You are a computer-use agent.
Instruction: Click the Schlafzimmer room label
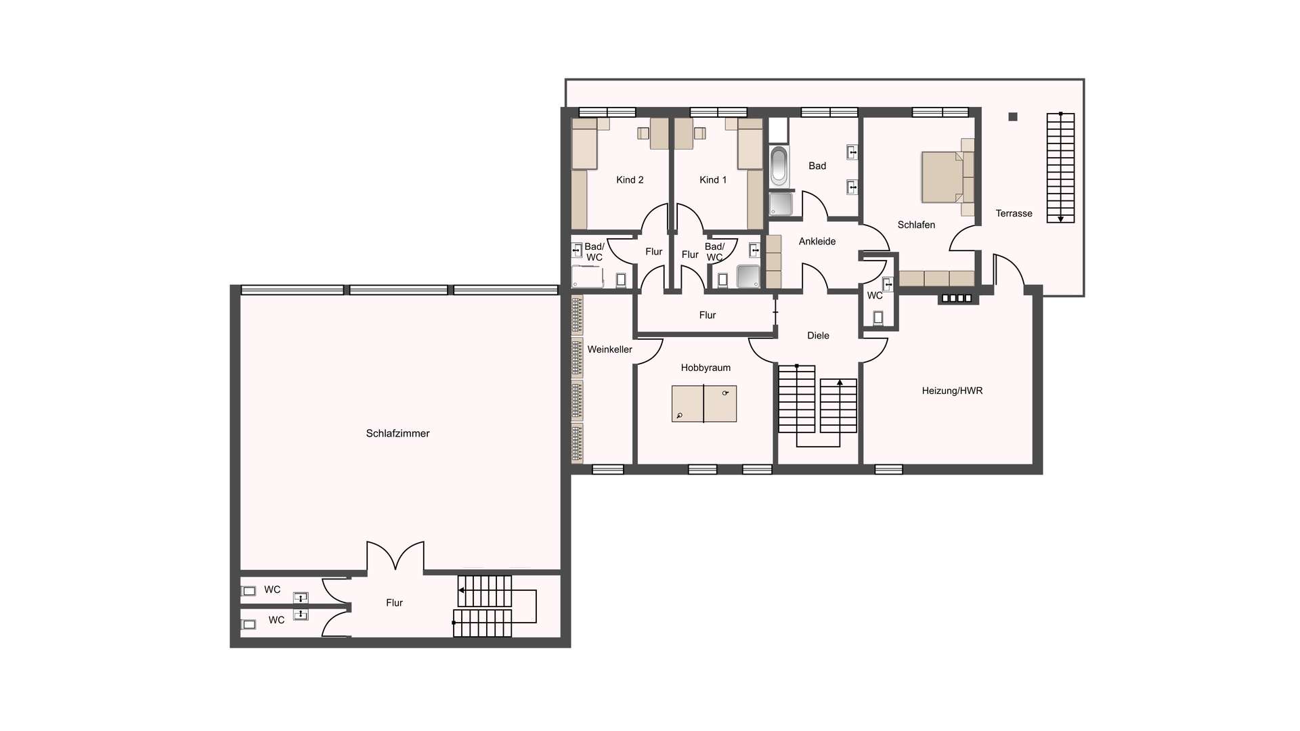tap(397, 433)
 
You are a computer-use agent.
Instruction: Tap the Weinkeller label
tap(609, 349)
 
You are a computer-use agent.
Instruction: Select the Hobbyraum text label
tap(706, 368)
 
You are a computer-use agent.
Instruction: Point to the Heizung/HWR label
tap(952, 391)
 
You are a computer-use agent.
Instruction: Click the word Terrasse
tap(1014, 213)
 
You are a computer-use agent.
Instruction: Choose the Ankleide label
tap(817, 241)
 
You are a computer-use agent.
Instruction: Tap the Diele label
tap(818, 335)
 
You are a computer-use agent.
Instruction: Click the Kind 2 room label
tap(630, 179)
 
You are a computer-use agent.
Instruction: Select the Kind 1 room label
tap(713, 179)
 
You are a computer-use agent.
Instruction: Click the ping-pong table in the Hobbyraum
tap(704, 403)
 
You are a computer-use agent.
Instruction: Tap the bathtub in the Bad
tap(779, 166)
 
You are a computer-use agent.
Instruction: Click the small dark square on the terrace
tap(1013, 117)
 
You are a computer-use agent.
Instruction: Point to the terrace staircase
tap(1060, 168)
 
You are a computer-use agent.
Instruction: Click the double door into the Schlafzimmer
tap(395, 556)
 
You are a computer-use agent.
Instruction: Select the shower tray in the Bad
tap(781, 204)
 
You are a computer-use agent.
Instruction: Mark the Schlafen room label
tap(916, 225)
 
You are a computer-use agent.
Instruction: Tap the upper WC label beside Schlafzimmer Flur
tap(272, 590)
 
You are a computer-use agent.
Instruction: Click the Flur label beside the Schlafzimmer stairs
tap(394, 602)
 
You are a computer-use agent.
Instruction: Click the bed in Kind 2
tap(584, 143)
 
